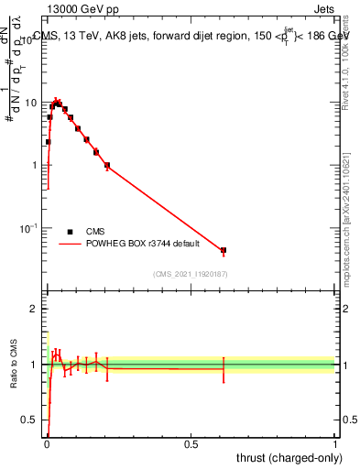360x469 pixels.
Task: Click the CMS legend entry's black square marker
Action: [x=70, y=232]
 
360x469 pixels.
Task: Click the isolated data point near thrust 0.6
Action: [x=223, y=250]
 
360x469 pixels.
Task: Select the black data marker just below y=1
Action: [x=107, y=166]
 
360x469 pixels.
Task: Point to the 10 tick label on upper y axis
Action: [x=32, y=103]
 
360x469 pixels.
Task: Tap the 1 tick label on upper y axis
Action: [x=36, y=165]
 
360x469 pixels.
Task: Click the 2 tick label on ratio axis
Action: [x=35, y=309]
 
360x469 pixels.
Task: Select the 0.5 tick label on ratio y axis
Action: [x=30, y=420]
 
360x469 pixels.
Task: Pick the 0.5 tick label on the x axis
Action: [x=191, y=443]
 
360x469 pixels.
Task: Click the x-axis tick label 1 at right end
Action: [x=335, y=443]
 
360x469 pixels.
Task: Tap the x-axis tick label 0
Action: [x=47, y=443]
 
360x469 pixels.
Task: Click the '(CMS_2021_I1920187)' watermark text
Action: [x=190, y=274]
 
